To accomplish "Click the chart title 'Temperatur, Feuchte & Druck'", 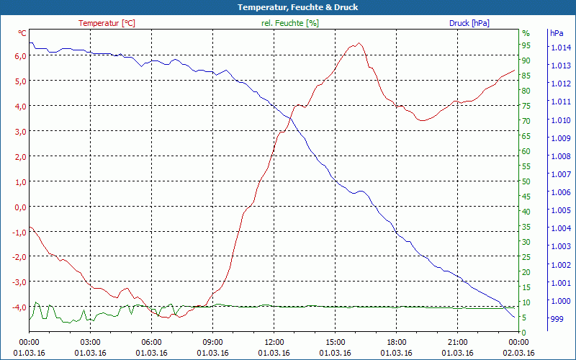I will (287, 7).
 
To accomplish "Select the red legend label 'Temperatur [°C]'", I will (107, 23).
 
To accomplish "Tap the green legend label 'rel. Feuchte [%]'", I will (289, 23).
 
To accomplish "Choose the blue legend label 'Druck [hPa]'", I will (469, 23).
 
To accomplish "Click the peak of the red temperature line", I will (358, 43).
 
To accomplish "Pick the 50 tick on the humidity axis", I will (526, 181).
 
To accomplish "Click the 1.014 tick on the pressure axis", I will (560, 48).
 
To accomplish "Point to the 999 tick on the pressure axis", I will (557, 318).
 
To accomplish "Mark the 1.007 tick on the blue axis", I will (560, 174).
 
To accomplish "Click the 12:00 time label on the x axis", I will (274, 342).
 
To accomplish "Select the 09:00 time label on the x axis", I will (212, 342).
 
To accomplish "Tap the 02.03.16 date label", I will (519, 353).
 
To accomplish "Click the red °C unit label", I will (22, 33).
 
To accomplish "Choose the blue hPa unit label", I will (557, 33).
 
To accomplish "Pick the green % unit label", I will (526, 33).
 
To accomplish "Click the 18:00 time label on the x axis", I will (397, 342).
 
